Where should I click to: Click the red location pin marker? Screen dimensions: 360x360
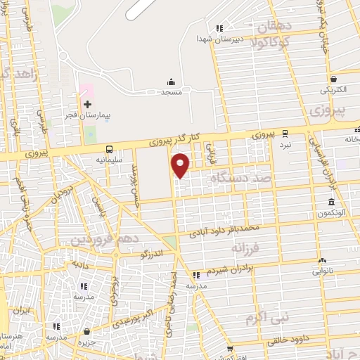pyautogui.click(x=181, y=165)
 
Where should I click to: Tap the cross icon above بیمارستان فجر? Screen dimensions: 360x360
pyautogui.click(x=87, y=104)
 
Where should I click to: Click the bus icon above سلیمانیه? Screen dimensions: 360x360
pyautogui.click(x=109, y=149)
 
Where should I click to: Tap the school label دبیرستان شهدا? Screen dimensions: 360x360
pyautogui.click(x=219, y=38)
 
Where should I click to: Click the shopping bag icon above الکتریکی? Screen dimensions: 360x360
pyautogui.click(x=333, y=79)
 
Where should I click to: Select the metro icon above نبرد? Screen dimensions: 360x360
pyautogui.click(x=285, y=133)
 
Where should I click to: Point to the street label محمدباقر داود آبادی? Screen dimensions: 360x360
pyautogui.click(x=229, y=229)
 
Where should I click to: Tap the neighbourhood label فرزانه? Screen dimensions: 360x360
pyautogui.click(x=252, y=248)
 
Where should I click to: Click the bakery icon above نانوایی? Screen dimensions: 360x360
pyautogui.click(x=323, y=259)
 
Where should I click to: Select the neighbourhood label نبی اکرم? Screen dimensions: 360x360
pyautogui.click(x=266, y=319)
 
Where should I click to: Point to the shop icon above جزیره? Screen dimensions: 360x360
pyautogui.click(x=86, y=330)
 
